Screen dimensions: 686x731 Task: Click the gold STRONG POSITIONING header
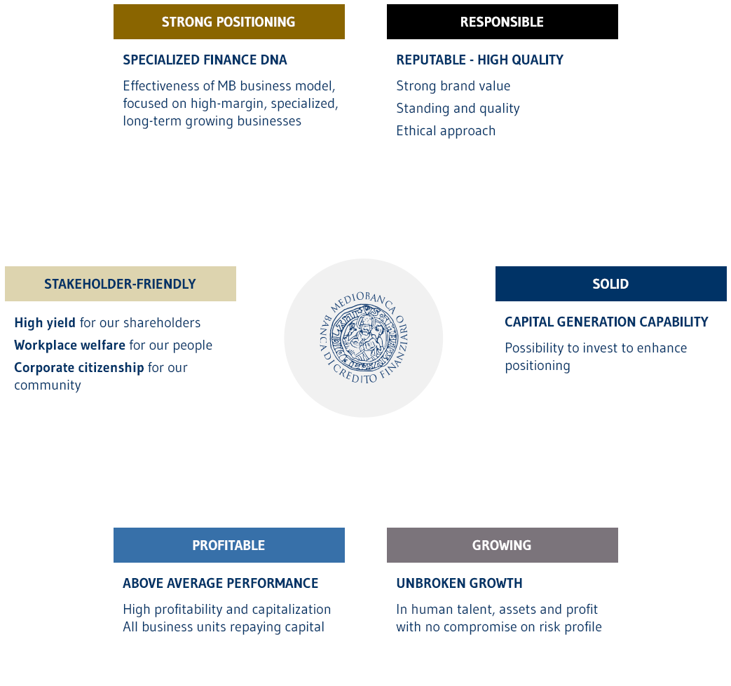(228, 22)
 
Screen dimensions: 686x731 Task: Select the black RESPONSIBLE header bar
(502, 22)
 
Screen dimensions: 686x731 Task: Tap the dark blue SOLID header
(610, 284)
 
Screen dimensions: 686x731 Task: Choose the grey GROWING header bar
(502, 545)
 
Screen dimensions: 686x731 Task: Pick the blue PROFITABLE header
(228, 545)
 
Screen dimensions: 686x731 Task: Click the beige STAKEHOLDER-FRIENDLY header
(120, 284)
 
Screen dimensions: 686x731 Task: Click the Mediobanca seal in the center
(364, 338)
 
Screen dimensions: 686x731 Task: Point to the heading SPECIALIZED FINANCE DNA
(205, 60)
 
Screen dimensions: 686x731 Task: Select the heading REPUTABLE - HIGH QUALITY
(479, 60)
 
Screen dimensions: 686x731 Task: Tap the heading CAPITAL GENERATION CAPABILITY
(606, 322)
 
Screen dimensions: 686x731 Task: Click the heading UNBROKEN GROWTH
(459, 584)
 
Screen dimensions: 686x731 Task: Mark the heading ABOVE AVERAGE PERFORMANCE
(220, 584)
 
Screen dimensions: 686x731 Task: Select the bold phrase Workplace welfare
(69, 345)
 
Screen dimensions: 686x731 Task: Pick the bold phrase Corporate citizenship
(78, 368)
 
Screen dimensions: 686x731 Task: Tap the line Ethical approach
(446, 131)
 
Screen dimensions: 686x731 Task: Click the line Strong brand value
(453, 86)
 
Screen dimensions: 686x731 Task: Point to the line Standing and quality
(458, 109)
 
